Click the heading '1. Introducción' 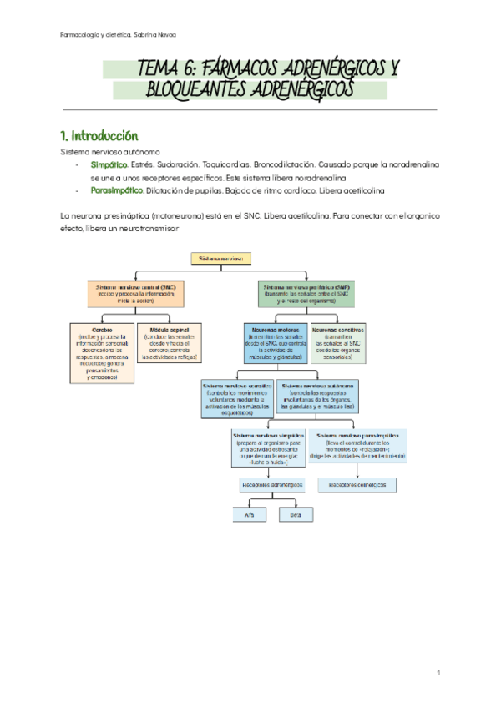click(x=99, y=135)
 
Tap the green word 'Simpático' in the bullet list click(x=109, y=165)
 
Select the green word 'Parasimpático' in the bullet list click(x=116, y=190)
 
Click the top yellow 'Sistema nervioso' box click(x=220, y=260)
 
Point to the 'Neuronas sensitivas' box click(x=338, y=340)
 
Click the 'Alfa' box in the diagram click(x=249, y=515)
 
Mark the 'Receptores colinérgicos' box click(x=359, y=484)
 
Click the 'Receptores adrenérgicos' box click(x=272, y=484)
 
